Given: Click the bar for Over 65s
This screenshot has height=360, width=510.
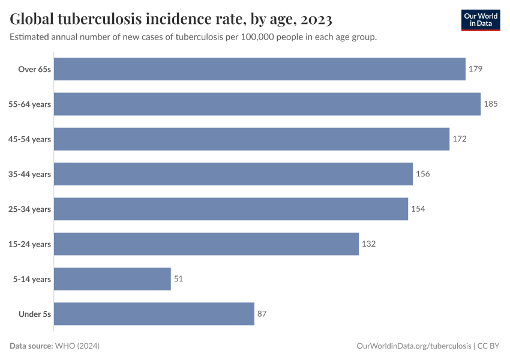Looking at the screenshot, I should click(260, 69).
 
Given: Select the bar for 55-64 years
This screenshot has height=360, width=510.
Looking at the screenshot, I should click(268, 104).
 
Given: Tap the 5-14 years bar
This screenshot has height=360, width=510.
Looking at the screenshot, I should click(113, 279).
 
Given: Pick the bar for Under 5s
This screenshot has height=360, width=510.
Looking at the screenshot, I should click(154, 314).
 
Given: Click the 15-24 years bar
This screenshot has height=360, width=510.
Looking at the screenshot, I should click(206, 244).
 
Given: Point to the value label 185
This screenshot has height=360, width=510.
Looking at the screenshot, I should click(491, 104).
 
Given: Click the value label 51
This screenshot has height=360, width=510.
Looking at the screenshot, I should click(179, 279).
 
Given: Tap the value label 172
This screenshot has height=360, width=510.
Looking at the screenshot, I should click(459, 139).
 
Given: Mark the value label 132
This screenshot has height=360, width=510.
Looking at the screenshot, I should click(368, 244).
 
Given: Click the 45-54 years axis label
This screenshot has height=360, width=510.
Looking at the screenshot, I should click(29, 139).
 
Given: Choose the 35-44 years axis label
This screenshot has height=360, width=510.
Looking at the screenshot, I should click(29, 174).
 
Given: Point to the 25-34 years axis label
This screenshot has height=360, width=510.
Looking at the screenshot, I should click(29, 209).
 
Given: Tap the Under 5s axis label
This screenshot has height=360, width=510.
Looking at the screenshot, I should click(35, 314).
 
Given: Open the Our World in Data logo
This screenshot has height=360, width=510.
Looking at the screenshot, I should click(481, 19).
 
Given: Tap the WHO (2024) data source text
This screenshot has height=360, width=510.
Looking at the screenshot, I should click(77, 346).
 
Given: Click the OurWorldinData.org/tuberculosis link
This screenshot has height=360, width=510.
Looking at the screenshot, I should click(413, 346).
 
